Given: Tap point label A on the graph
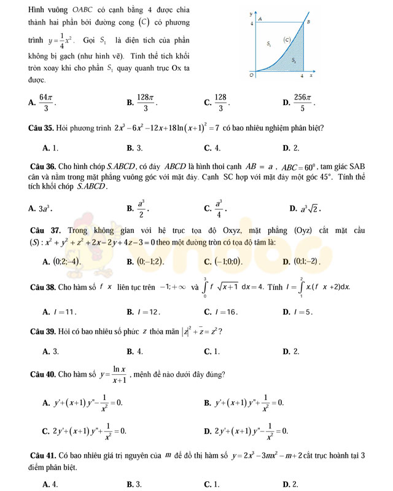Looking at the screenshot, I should [x=260, y=19].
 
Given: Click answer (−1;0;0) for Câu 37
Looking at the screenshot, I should [x=227, y=262].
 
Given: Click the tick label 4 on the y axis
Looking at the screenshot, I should [x=252, y=23].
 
